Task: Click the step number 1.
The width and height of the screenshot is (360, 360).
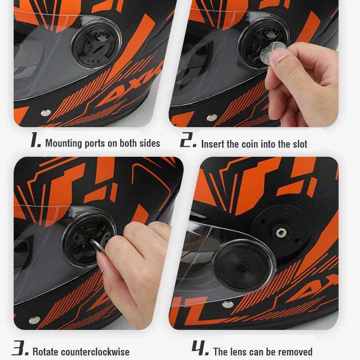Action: click(36, 141)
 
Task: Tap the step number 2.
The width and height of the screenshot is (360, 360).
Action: click(188, 141)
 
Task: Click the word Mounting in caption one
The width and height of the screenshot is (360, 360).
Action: click(63, 144)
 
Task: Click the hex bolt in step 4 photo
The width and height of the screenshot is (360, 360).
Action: click(280, 232)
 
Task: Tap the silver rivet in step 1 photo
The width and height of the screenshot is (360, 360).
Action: click(46, 113)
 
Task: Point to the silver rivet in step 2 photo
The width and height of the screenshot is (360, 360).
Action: click(212, 117)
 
